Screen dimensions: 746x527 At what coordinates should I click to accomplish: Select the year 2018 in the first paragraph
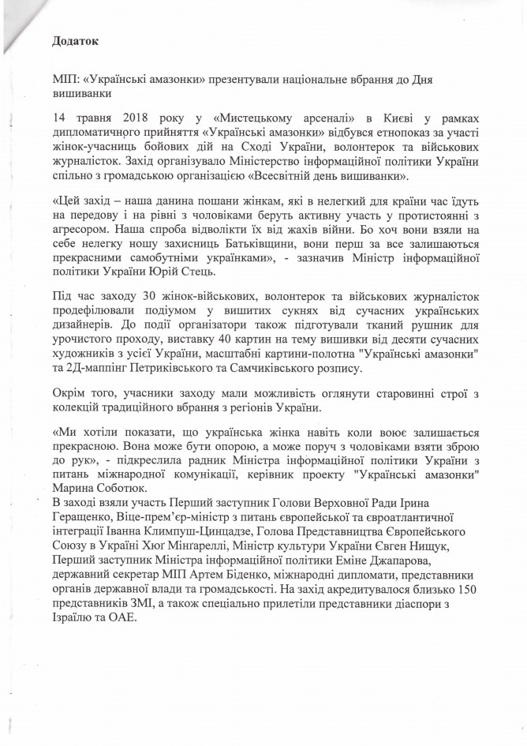pos(120,118)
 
